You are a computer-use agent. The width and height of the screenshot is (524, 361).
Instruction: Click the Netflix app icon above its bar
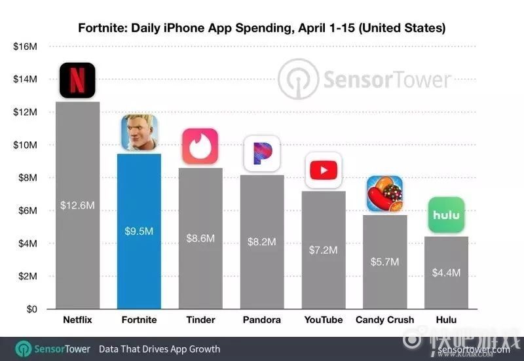pyautogui.click(x=77, y=80)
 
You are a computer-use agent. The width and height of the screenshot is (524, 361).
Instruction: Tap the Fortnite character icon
pyautogui.click(x=139, y=133)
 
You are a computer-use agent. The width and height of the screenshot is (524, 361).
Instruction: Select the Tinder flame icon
pyautogui.click(x=200, y=147)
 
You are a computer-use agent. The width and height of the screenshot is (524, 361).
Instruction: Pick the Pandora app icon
pyautogui.click(x=261, y=154)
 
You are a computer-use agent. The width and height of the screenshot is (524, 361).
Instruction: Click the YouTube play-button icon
pyautogui.click(x=324, y=170)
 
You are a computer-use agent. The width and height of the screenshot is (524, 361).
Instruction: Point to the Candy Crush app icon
pyautogui.click(x=384, y=194)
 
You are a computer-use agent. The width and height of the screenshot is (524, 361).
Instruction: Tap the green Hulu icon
pyautogui.click(x=446, y=215)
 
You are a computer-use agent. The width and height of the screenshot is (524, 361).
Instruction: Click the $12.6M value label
pyautogui.click(x=77, y=205)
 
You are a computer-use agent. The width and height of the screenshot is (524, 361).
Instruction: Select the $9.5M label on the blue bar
pyautogui.click(x=139, y=230)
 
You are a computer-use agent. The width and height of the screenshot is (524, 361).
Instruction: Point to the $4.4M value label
pyautogui.click(x=446, y=272)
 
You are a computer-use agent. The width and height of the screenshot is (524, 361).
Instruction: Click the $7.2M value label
pyautogui.click(x=324, y=250)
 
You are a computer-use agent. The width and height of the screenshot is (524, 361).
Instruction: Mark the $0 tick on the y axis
pyautogui.click(x=30, y=309)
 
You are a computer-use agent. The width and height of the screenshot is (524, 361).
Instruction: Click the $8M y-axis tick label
pyautogui.click(x=28, y=178)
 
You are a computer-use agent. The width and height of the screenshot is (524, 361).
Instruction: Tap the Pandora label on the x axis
pyautogui.click(x=261, y=320)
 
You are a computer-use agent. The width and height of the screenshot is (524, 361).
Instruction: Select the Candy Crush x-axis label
pyautogui.click(x=384, y=320)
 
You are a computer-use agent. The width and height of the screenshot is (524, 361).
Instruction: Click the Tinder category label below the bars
pyautogui.click(x=200, y=320)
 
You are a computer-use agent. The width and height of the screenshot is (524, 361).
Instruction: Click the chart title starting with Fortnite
pyautogui.click(x=262, y=28)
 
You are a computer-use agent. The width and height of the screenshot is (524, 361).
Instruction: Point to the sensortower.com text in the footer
pyautogui.click(x=470, y=349)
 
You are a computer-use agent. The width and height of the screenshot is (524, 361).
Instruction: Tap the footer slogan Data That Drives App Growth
pyautogui.click(x=159, y=349)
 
